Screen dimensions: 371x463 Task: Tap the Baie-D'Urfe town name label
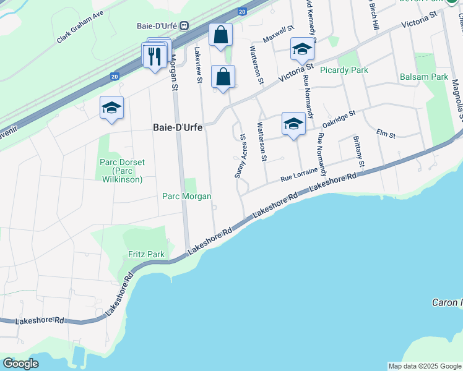pos(178,127)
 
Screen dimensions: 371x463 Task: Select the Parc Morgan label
pos(186,196)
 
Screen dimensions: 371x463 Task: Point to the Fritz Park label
pos(146,254)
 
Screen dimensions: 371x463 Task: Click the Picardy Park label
pos(344,70)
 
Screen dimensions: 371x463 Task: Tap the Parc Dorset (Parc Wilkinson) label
pos(122,171)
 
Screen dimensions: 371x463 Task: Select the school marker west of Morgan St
pos(111,108)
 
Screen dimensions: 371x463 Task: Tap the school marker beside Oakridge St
pos(293,124)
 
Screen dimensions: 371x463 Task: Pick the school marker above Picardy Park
pos(302,49)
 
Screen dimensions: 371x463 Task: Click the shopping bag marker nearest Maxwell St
pos(220,36)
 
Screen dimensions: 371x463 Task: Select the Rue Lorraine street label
pos(298,174)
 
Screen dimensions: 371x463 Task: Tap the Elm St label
pos(385,134)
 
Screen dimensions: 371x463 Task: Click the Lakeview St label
pos(198,65)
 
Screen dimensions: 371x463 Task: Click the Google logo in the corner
pos(20,364)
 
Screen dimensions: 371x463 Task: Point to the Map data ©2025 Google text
pos(425,366)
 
